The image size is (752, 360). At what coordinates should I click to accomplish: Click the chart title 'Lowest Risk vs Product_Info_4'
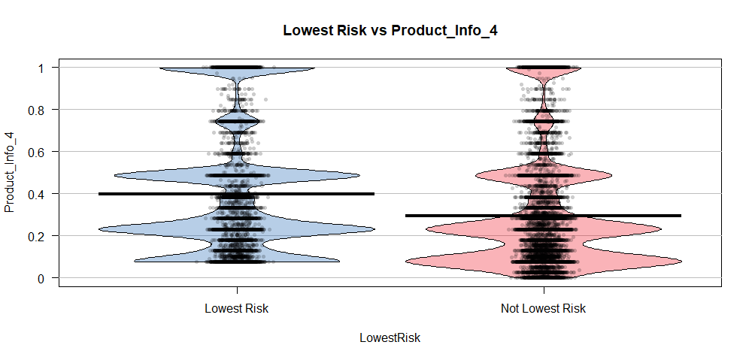click(x=390, y=31)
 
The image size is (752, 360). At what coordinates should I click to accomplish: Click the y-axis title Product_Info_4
click(x=10, y=173)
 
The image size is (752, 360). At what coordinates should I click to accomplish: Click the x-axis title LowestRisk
click(x=390, y=338)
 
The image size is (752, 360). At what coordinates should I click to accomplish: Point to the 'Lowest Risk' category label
click(x=236, y=309)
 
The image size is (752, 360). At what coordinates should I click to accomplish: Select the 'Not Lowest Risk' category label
click(x=543, y=309)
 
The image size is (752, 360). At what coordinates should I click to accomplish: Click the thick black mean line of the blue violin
click(x=236, y=194)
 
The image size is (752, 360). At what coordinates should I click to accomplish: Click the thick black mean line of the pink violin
click(x=543, y=216)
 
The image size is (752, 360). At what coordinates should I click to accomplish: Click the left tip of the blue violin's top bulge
click(x=160, y=68)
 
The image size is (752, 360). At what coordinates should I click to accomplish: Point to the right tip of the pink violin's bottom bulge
click(x=681, y=262)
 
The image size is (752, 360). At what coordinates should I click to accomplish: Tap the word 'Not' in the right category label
click(x=510, y=309)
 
